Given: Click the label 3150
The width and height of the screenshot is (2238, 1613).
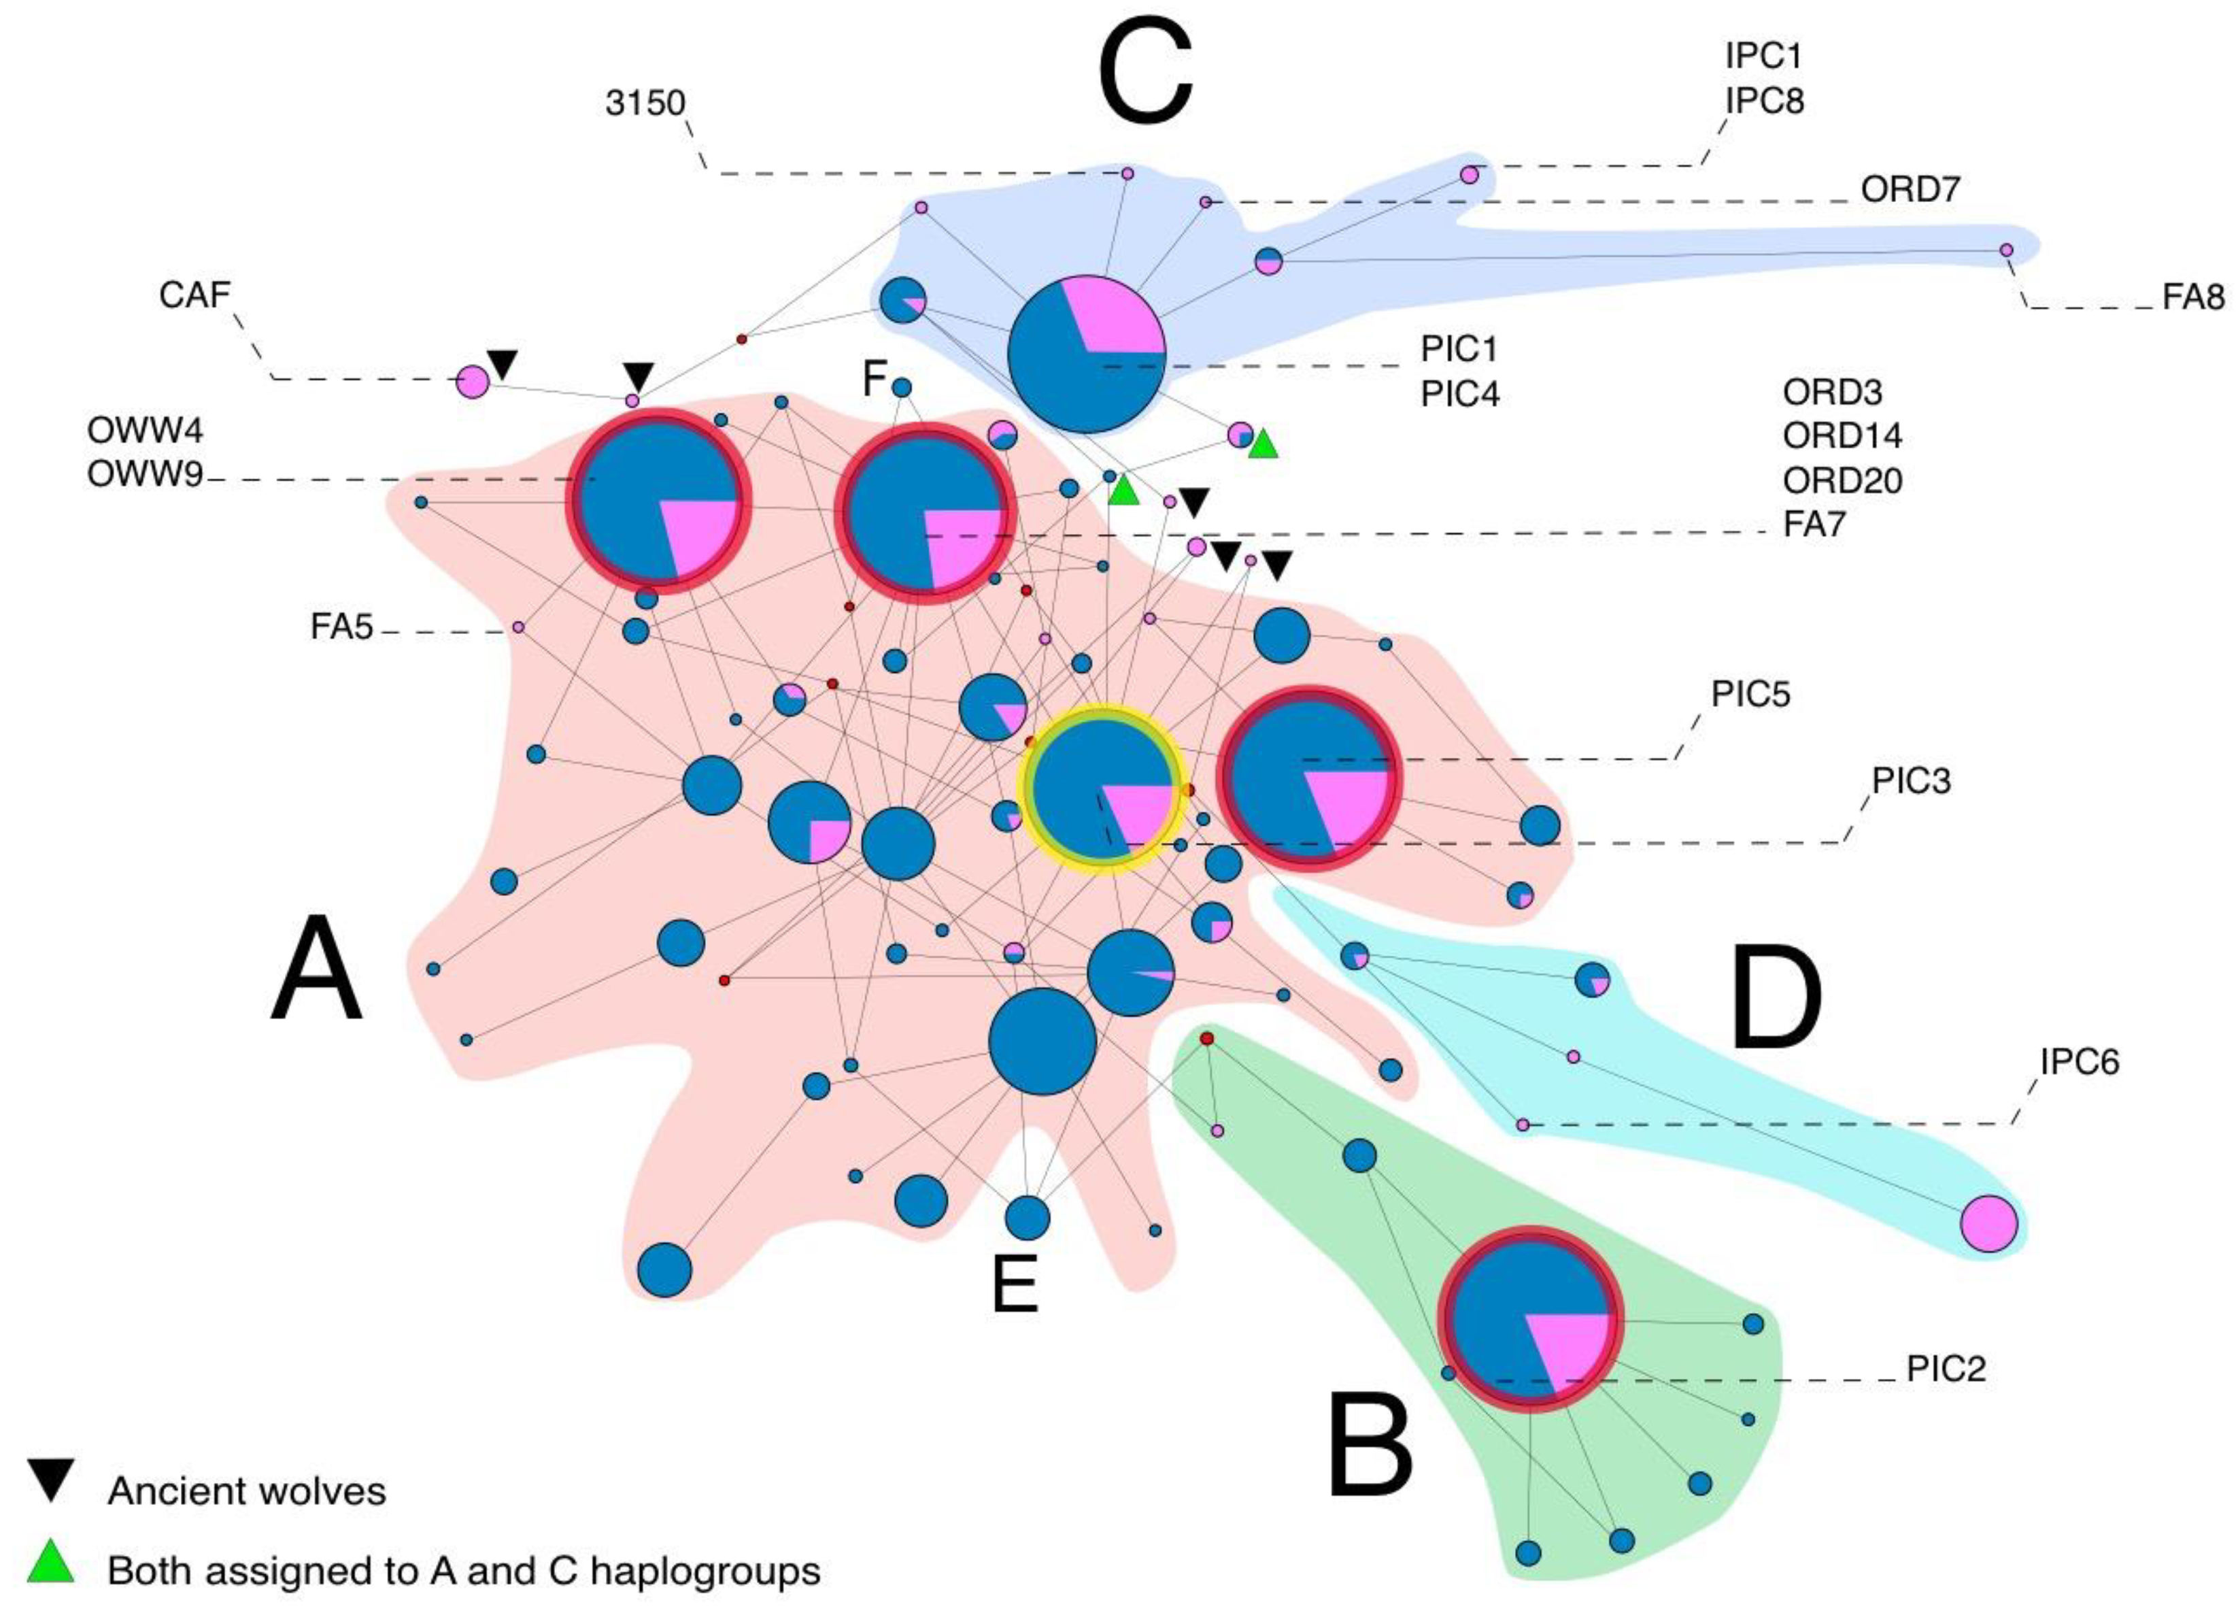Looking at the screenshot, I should [645, 103].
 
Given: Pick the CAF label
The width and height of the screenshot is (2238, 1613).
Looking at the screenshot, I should [194, 294].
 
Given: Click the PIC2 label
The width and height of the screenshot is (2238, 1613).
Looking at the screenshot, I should [1945, 1370].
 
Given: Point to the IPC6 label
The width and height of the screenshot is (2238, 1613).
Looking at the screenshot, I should [2079, 1062].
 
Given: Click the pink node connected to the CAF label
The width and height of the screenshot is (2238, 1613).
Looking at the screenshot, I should [473, 381].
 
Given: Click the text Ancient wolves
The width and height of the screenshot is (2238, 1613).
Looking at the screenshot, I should [247, 1492].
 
